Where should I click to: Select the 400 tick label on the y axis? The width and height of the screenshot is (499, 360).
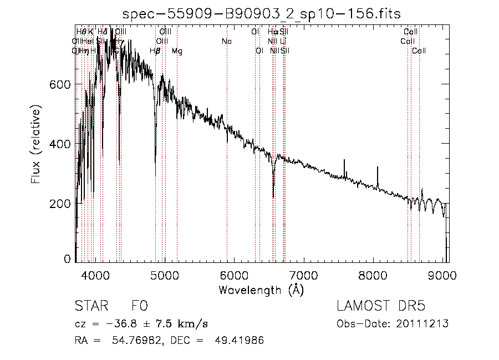pyautogui.click(x=62, y=144)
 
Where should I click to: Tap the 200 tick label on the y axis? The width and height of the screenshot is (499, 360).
pyautogui.click(x=62, y=204)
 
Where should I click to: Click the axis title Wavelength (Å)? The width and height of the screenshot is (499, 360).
pyautogui.click(x=261, y=290)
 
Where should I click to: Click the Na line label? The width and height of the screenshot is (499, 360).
pyautogui.click(x=226, y=41)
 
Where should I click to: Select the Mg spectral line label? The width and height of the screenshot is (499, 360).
pyautogui.click(x=177, y=51)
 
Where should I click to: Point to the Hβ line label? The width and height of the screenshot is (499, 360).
pyautogui.click(x=155, y=51)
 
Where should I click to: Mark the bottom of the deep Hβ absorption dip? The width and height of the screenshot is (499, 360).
pyautogui.click(x=155, y=176)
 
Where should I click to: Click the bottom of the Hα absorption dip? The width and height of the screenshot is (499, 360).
pyautogui.click(x=273, y=197)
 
